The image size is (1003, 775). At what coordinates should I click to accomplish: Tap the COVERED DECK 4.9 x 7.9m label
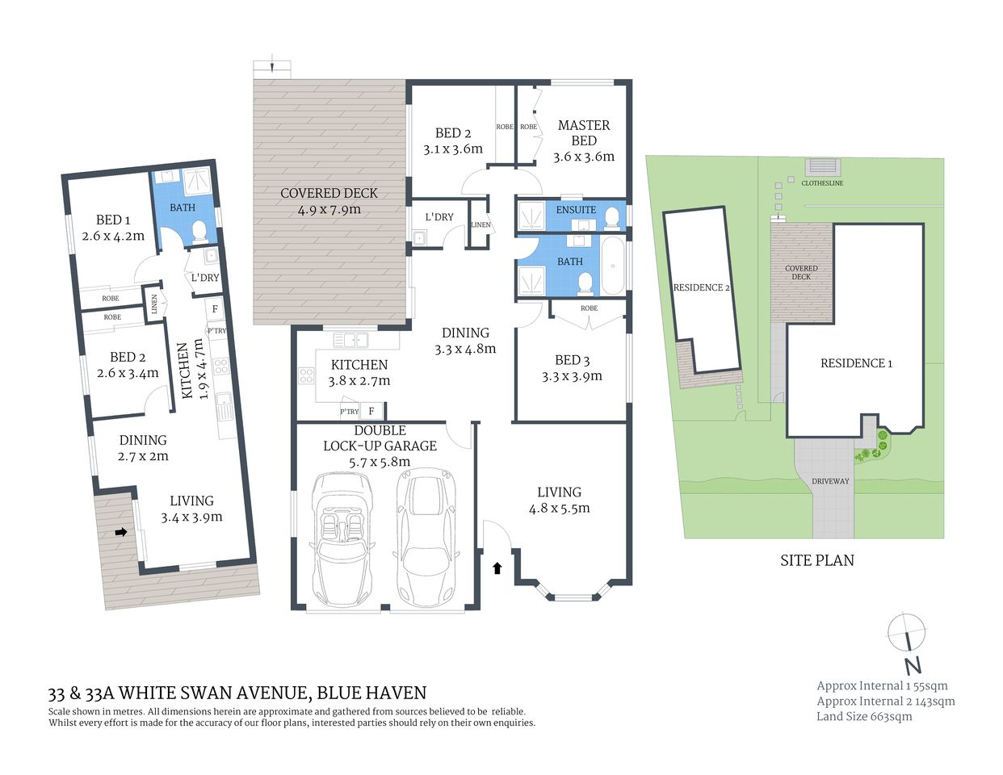pyautogui.click(x=329, y=201)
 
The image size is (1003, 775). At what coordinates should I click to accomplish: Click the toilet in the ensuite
pyautogui.click(x=612, y=216)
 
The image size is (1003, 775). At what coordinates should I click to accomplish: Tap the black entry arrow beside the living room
pyautogui.click(x=497, y=568)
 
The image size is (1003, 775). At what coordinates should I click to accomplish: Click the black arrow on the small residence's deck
pyautogui.click(x=121, y=532)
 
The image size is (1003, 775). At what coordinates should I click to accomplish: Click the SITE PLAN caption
pyautogui.click(x=816, y=560)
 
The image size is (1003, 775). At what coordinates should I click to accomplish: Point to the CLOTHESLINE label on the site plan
pyautogui.click(x=822, y=183)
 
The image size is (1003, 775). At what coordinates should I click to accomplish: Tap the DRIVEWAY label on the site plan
pyautogui.click(x=830, y=481)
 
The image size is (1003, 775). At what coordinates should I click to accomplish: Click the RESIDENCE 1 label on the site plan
pyautogui.click(x=856, y=363)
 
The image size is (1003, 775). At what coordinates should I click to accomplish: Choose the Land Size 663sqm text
pyautogui.click(x=864, y=716)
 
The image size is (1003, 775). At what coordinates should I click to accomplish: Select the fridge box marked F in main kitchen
pyautogui.click(x=371, y=411)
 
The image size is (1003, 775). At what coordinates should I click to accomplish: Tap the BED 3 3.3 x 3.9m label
pyautogui.click(x=572, y=368)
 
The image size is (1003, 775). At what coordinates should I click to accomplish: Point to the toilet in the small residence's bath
pyautogui.click(x=199, y=233)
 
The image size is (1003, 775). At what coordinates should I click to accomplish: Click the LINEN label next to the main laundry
pyautogui.click(x=481, y=224)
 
